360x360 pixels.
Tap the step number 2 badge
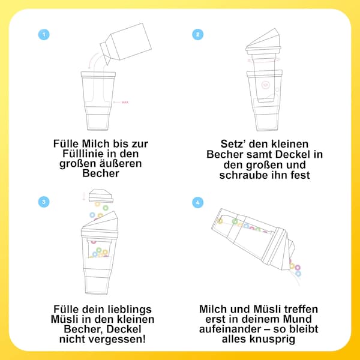(198, 34)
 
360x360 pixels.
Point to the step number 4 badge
(198, 202)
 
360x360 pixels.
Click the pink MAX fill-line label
(125, 103)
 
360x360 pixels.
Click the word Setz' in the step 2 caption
(218, 144)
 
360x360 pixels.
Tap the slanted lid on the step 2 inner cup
(263, 40)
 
